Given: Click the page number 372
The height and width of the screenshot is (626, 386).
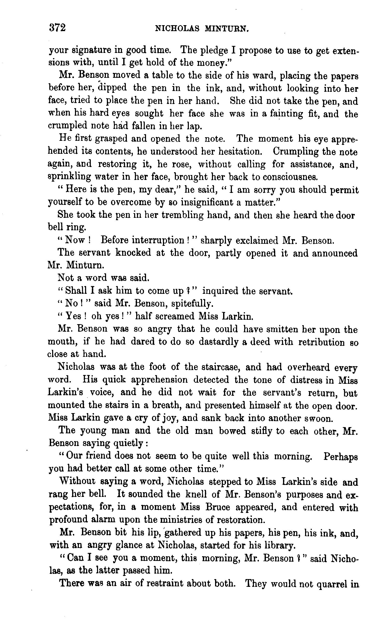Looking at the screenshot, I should pyautogui.click(x=57, y=27).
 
